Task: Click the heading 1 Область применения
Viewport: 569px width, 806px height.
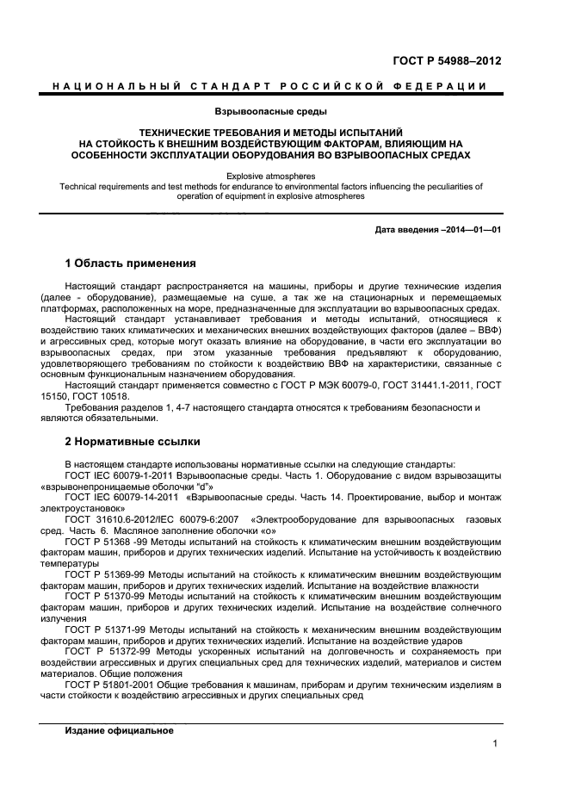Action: click(x=130, y=263)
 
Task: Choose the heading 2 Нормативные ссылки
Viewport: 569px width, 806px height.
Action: click(x=133, y=442)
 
